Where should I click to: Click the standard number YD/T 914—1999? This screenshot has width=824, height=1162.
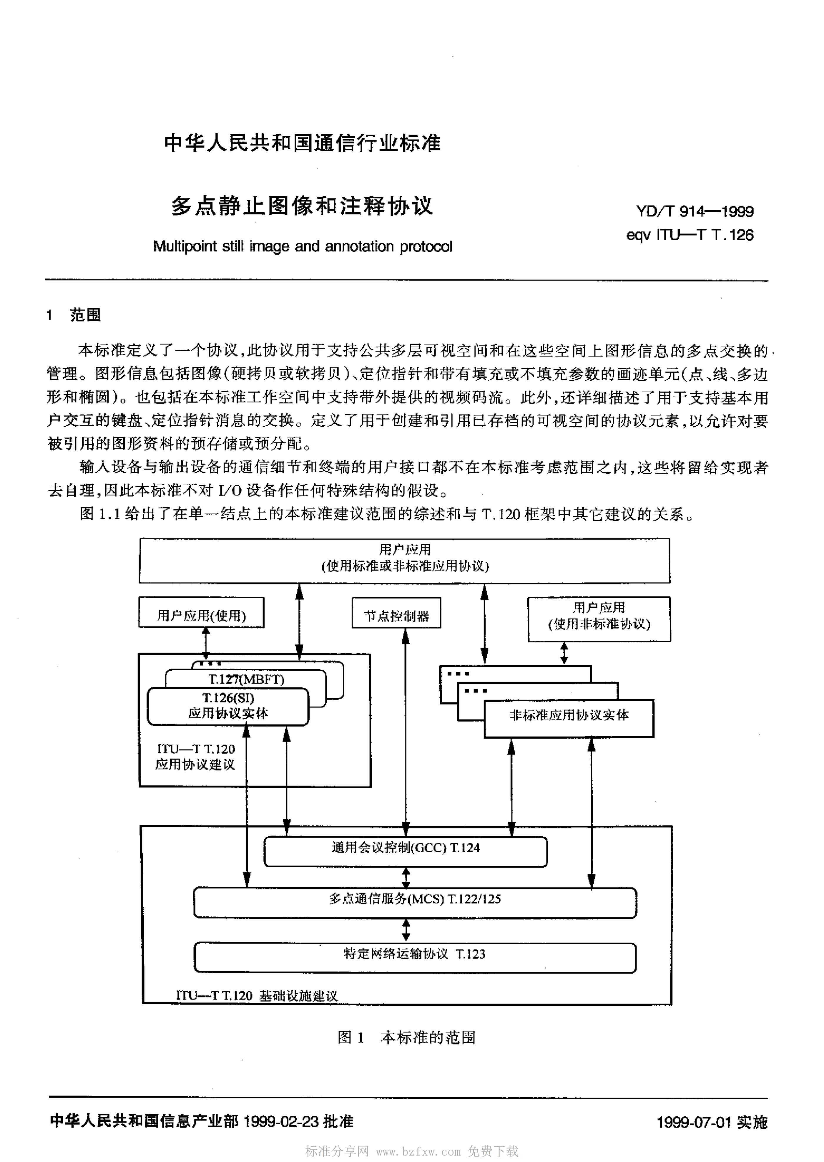695,211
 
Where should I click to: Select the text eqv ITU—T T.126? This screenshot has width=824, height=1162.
690,235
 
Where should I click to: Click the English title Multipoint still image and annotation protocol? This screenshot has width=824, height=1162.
303,247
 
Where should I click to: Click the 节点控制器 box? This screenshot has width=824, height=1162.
396,613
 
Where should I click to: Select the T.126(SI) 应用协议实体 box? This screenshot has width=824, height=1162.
228,707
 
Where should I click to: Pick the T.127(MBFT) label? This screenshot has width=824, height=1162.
246,679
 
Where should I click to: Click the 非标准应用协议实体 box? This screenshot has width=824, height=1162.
569,718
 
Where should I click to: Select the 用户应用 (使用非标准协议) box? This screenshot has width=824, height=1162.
599,619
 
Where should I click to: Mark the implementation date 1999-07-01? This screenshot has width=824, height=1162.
694,1122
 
